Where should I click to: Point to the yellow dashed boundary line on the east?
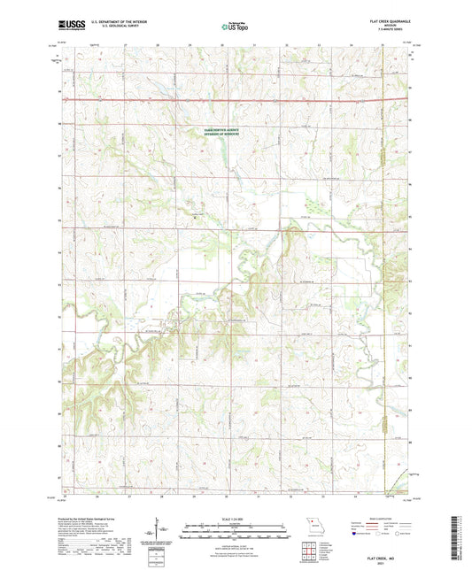pyautogui.click(x=383, y=266)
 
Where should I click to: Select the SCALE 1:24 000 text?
pyautogui.click(x=236, y=519)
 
